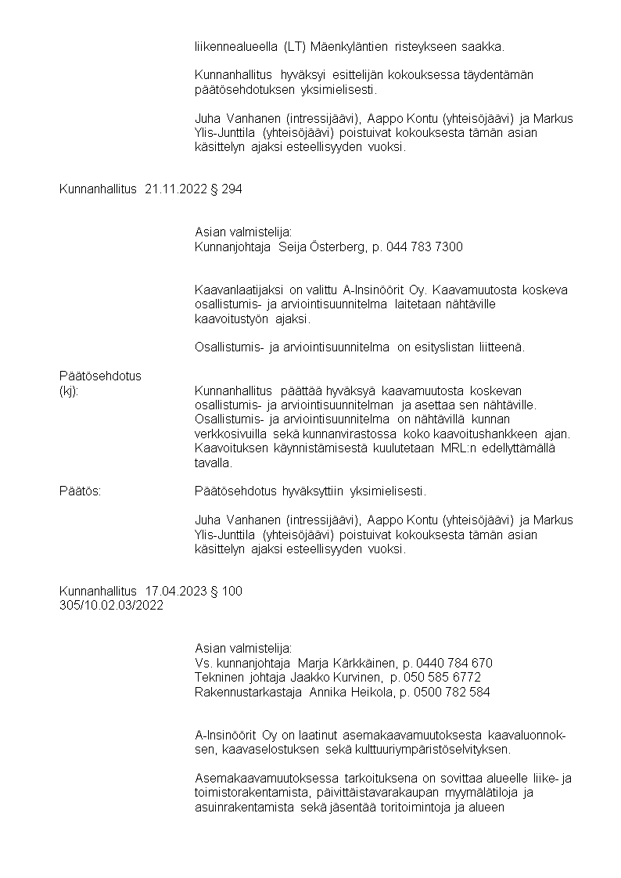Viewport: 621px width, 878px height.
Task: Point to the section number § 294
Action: coord(226,189)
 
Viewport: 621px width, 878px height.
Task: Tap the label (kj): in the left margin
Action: coord(69,390)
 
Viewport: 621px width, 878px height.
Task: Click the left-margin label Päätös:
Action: coord(80,491)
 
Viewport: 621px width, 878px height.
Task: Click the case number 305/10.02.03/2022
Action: coord(111,606)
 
